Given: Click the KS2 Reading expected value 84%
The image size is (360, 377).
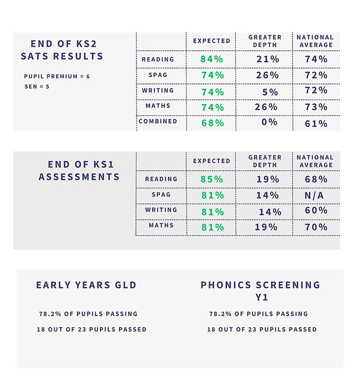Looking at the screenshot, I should [x=212, y=60].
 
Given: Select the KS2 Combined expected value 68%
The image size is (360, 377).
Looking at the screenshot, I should [x=212, y=123].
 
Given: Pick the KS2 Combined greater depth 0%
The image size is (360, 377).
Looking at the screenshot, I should [x=269, y=123].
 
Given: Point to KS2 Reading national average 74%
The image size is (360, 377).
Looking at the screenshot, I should [x=316, y=60].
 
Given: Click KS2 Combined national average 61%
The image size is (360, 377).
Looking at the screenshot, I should [x=316, y=123].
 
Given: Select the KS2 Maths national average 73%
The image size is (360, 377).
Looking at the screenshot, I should [x=316, y=108].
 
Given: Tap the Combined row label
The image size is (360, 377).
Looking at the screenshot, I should [x=158, y=122].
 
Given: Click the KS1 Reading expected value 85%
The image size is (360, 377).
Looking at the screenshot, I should [x=212, y=180].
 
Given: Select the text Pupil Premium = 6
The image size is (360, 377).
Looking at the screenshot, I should [x=57, y=77].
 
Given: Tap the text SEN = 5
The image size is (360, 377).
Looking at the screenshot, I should [x=37, y=87].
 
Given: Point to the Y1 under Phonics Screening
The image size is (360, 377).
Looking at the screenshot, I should [x=261, y=297].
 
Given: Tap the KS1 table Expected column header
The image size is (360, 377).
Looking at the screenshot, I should [x=212, y=161].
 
